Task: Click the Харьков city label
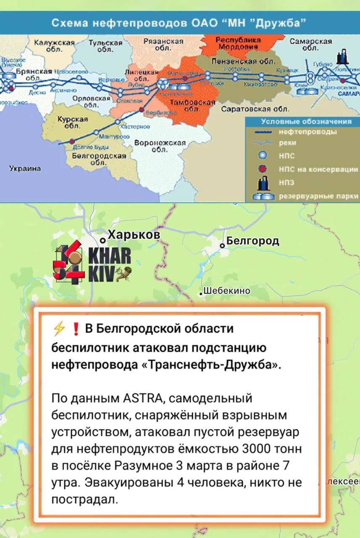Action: point(134,235)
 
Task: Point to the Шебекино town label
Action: point(227,291)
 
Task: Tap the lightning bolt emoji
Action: point(58,329)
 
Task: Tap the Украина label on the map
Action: point(25,169)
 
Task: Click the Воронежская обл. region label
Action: point(160,146)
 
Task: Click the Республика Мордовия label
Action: point(238,43)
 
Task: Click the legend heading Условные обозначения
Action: point(306,122)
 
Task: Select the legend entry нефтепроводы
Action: point(307,132)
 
